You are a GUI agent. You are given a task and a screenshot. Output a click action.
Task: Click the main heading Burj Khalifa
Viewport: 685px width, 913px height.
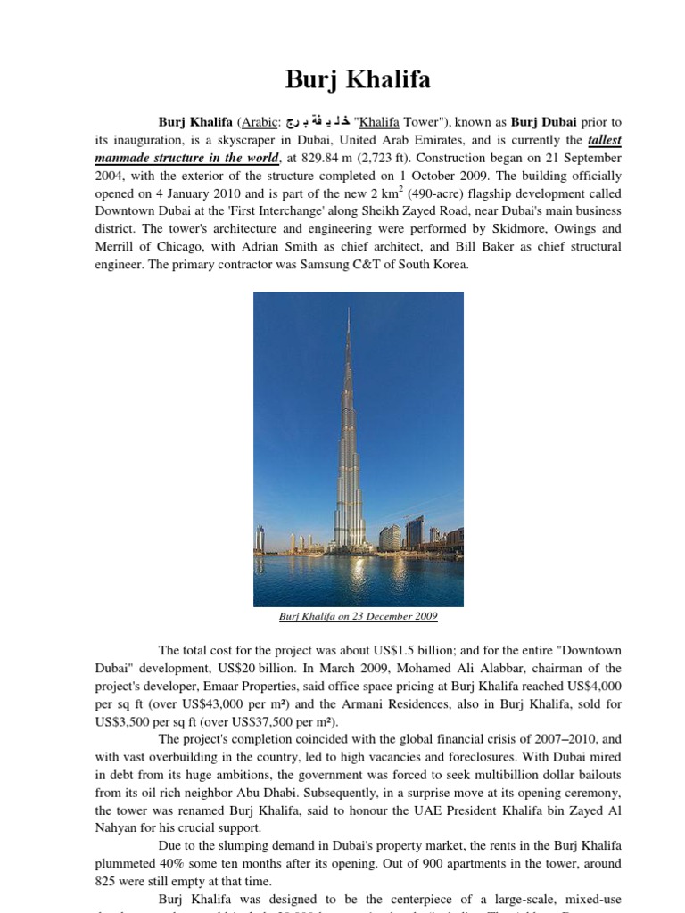coord(358,80)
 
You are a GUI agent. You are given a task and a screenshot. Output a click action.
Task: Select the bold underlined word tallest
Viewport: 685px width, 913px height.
coord(604,140)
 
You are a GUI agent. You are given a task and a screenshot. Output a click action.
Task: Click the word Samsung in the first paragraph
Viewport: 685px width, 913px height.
coord(330,265)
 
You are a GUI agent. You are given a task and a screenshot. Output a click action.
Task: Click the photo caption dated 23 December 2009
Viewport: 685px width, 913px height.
coord(358,616)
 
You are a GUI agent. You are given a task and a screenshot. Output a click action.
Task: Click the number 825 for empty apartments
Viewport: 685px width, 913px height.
coord(108,882)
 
